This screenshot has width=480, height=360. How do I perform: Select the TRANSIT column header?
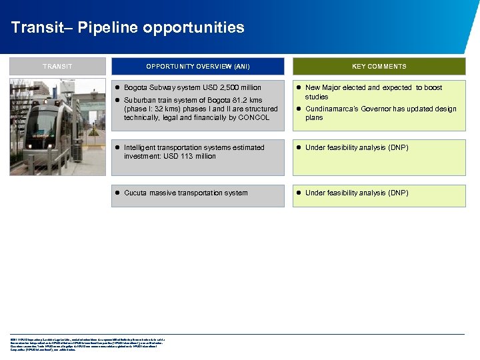[57, 67]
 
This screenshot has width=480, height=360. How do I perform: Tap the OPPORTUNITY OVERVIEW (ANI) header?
[198, 67]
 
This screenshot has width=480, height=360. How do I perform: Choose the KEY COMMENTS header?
[379, 67]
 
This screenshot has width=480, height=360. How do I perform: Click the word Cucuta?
[135, 193]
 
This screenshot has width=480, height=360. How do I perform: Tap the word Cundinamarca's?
[331, 109]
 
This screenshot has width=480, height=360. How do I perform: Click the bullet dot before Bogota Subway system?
[117, 87]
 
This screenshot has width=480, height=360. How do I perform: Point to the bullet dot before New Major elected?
[299, 87]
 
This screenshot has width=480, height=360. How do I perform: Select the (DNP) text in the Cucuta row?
[398, 193]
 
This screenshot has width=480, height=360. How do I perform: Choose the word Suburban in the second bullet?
[139, 100]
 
